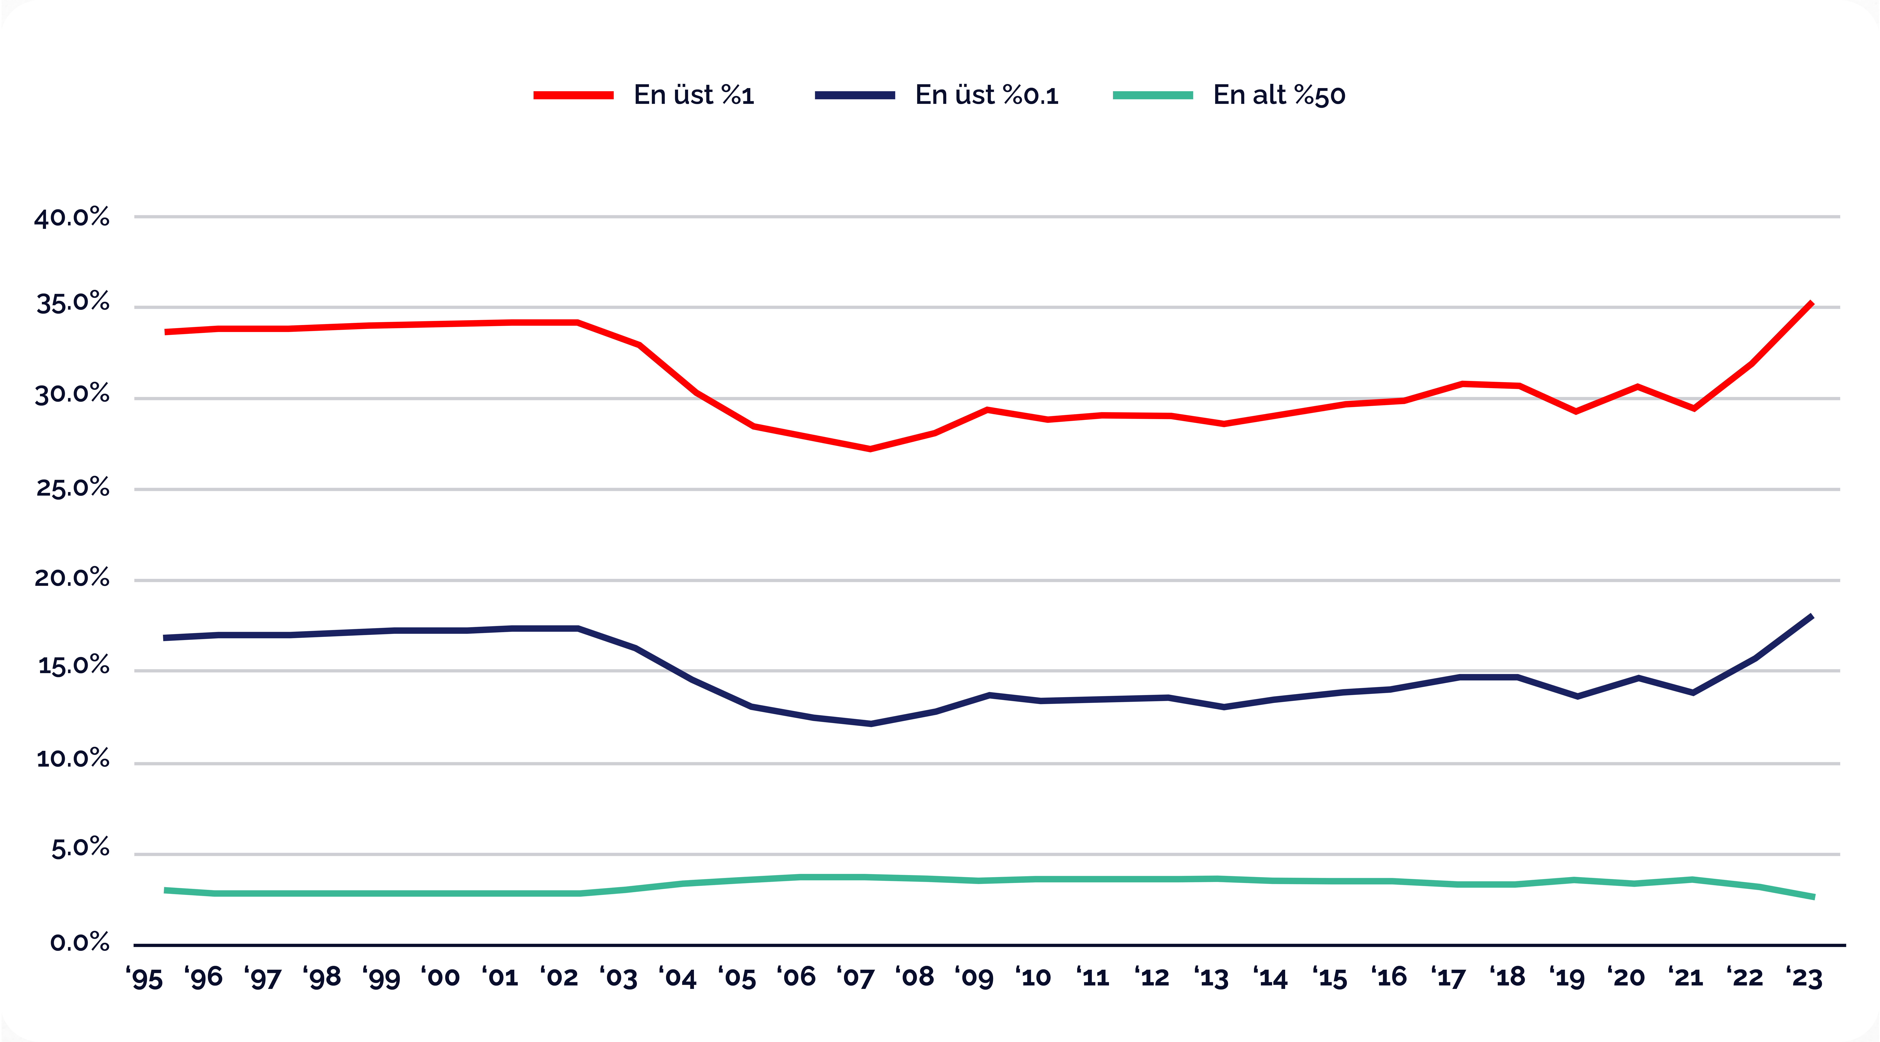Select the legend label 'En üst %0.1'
[987, 95]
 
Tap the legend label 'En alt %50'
[1279, 95]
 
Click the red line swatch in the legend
[574, 95]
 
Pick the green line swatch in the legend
[1153, 95]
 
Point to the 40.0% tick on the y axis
[72, 218]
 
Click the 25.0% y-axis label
[72, 487]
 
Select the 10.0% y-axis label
[72, 759]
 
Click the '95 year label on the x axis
[144, 977]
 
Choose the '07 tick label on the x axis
[855, 977]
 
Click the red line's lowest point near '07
[870, 449]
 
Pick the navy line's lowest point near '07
[870, 724]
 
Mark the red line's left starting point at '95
[166, 332]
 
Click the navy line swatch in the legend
[855, 95]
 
